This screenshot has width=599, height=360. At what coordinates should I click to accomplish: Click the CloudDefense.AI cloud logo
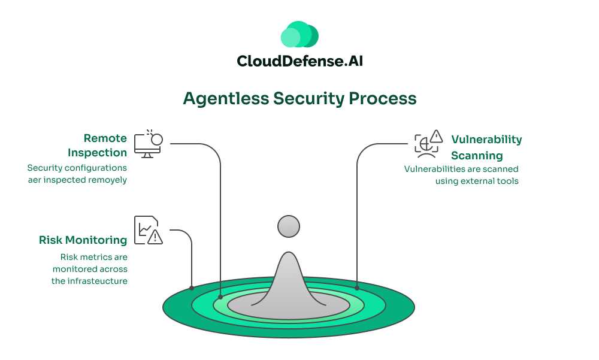coord(299,35)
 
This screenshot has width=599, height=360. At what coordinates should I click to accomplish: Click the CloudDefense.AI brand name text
coord(299,61)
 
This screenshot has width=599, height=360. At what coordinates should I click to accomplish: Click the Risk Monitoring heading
coord(83,240)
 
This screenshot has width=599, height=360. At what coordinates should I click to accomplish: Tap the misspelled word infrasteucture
coord(89,280)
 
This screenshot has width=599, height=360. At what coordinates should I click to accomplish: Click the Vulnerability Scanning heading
coord(486,147)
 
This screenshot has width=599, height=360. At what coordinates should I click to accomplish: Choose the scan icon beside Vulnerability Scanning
coord(428,144)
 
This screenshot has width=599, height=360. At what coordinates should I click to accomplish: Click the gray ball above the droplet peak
coord(289,226)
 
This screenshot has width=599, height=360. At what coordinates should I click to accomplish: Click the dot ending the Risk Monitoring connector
coord(192,288)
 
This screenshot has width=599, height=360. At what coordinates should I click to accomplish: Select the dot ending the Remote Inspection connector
coord(220,297)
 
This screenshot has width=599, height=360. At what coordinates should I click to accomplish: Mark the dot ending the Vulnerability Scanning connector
coord(357,288)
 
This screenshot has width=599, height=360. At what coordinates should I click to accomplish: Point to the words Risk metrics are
coord(93,257)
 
